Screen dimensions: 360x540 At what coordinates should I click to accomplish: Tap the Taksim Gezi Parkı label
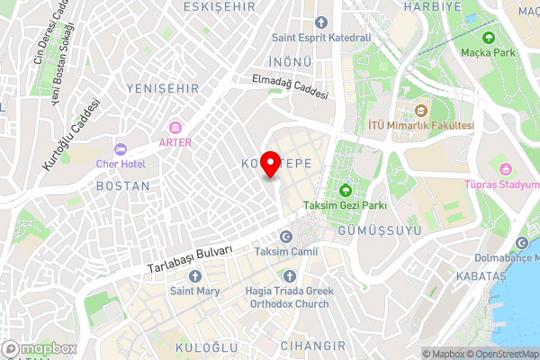345,205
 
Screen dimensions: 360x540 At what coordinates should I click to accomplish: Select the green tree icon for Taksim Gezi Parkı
346,190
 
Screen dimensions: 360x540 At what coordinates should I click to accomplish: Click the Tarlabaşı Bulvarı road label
191,260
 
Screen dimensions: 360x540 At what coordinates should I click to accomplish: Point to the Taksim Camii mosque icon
286,236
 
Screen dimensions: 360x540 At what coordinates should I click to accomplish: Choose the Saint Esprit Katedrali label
321,38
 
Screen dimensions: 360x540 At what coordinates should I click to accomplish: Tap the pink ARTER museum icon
175,127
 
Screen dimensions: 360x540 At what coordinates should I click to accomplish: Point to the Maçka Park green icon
489,38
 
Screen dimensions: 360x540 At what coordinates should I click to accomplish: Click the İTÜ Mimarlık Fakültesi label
420,126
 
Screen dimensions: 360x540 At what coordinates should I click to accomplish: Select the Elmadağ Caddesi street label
291,87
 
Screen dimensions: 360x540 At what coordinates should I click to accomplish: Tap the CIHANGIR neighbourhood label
312,345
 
